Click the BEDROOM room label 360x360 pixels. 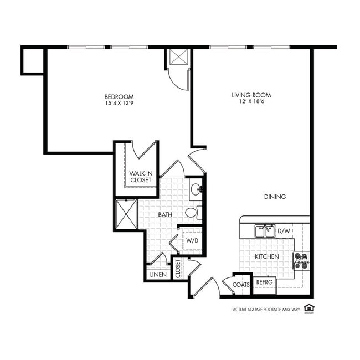(119, 96)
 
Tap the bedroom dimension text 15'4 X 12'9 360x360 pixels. (119, 103)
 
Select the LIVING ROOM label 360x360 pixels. (251, 95)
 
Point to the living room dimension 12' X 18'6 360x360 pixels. (251, 102)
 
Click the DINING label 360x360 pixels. (275, 197)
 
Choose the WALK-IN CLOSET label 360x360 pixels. (141, 177)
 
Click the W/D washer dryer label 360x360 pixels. (192, 241)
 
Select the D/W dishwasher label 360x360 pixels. (284, 230)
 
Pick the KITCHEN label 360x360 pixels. (266, 256)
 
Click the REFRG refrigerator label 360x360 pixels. (264, 282)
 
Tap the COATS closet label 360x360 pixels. (241, 285)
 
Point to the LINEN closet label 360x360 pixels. (158, 274)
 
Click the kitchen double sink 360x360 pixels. (265, 230)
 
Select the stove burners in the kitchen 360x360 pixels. (301, 261)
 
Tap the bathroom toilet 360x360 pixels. (192, 212)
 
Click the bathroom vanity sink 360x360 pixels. (196, 190)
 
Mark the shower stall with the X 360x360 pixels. (126, 214)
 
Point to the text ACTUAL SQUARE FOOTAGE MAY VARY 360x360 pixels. (266, 310)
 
